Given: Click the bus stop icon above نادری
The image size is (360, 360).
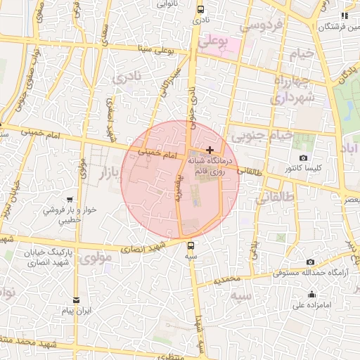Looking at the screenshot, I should click(200, 10).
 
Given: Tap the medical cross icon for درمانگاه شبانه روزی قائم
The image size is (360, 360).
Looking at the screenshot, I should click(210, 150).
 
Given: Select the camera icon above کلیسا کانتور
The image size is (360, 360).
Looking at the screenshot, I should click(303, 158).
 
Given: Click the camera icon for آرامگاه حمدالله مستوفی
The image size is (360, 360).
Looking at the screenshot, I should click(310, 262).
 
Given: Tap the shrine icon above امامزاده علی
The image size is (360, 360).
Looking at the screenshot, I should click(312, 294).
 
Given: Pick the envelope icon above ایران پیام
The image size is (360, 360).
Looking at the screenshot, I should click(77, 300).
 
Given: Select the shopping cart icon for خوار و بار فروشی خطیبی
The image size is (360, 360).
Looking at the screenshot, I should click(70, 200).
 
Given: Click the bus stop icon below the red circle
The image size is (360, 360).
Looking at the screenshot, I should click(191, 245).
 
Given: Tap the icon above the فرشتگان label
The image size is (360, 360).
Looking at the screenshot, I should click(344, 15).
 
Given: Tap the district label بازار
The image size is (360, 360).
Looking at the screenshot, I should click(104, 172).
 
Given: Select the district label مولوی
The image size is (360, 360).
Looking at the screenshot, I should click(96, 258).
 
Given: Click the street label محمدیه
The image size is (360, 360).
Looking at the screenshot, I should click(228, 281).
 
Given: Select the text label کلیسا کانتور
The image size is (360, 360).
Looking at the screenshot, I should click(304, 169).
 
